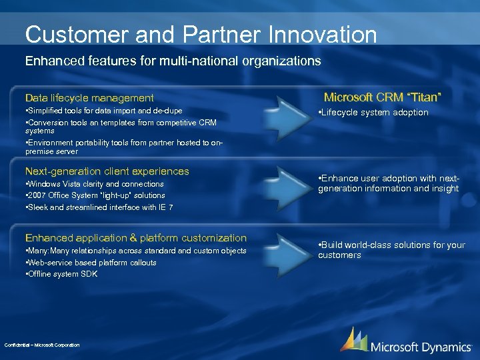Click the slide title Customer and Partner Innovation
tap(201, 35)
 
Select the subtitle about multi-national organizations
tap(173, 61)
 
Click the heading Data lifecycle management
tap(89, 98)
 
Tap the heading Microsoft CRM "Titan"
tap(383, 97)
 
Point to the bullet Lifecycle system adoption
tap(374, 113)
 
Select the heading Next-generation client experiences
tap(107, 171)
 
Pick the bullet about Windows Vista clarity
tap(94, 184)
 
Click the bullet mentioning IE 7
tap(99, 207)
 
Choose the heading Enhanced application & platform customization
tap(135, 238)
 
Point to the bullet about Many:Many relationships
tap(135, 251)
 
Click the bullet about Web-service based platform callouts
tap(91, 263)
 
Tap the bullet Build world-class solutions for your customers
tap(391, 250)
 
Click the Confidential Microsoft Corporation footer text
tap(42, 345)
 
